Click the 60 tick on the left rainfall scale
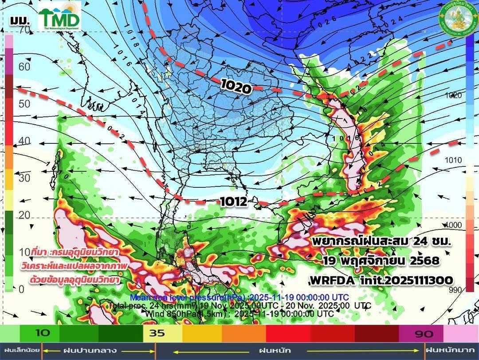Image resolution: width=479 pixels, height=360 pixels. (x=24, y=67)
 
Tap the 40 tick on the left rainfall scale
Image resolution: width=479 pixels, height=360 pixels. (x=24, y=141)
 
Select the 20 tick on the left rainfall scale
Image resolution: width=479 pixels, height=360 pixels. (x=24, y=215)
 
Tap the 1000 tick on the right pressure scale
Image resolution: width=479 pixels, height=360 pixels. (x=454, y=225)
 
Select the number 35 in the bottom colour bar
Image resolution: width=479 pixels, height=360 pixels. (x=157, y=333)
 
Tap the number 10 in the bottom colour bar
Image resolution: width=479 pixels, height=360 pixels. (x=42, y=333)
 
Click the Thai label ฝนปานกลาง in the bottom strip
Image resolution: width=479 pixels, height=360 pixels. (x=99, y=351)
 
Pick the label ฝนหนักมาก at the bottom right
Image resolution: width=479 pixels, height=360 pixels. (x=452, y=351)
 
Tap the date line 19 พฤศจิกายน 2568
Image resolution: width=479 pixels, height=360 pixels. (x=381, y=261)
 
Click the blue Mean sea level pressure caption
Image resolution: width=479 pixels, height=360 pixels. (x=239, y=297)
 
